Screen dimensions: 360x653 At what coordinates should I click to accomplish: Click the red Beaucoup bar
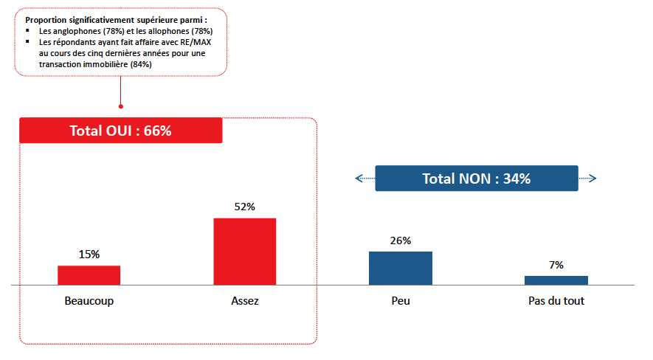[x=89, y=274]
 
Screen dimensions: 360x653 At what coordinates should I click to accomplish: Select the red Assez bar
[x=244, y=251]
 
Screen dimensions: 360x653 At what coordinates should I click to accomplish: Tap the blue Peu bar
[x=400, y=268]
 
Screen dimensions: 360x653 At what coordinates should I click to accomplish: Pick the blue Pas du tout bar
[x=556, y=280]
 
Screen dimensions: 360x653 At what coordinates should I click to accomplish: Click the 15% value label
[x=89, y=254]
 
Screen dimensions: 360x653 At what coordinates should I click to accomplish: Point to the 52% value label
[x=244, y=207]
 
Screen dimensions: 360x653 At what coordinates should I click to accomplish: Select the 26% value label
[x=401, y=240]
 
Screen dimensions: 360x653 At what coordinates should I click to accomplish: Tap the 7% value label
[x=556, y=264]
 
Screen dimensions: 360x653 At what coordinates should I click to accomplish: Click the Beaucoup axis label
[x=89, y=302]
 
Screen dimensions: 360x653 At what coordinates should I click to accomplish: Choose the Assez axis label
[x=244, y=302]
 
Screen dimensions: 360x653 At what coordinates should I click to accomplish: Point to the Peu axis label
[x=401, y=302]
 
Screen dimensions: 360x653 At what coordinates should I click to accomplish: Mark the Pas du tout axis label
[x=556, y=302]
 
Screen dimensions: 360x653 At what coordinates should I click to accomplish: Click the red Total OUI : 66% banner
[x=120, y=131]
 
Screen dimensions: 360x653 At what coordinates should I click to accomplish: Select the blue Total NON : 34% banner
[x=476, y=179]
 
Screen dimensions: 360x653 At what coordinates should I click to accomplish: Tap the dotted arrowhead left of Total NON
[x=359, y=179]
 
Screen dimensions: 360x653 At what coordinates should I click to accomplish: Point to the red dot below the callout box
[x=120, y=105]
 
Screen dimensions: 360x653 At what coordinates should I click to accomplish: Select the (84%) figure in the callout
[x=141, y=64]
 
